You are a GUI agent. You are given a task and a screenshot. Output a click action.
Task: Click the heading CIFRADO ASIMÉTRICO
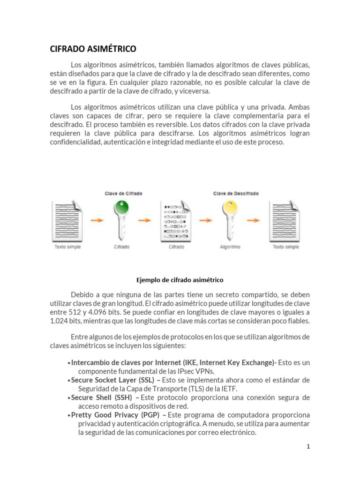(93, 49)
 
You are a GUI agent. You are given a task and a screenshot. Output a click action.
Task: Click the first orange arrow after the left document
(97, 220)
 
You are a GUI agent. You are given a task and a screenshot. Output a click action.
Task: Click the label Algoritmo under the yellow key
(230, 247)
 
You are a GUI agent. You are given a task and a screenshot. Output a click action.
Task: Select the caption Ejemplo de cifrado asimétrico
(180, 280)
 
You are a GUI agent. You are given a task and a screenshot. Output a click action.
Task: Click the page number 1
(308, 447)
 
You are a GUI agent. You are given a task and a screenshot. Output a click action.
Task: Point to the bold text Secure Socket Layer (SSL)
(112, 380)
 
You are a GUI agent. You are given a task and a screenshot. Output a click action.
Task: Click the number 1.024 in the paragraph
(59, 321)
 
